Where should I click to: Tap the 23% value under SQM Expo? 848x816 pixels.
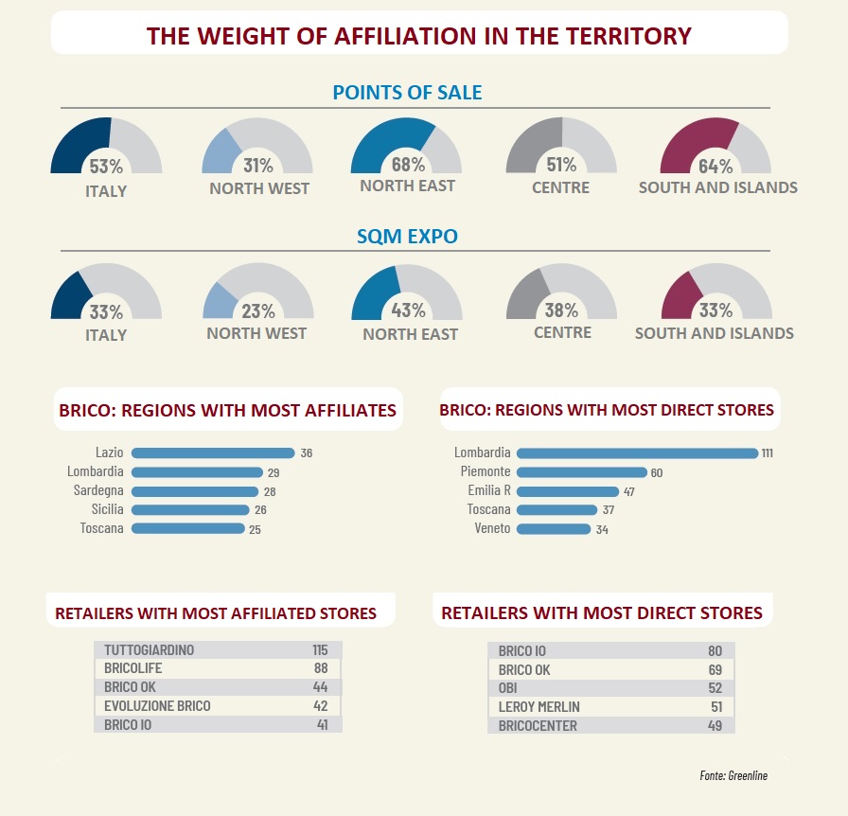click(x=257, y=311)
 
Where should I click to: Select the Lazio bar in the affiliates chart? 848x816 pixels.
click(x=213, y=453)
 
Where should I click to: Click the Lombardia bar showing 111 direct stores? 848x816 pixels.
click(x=637, y=453)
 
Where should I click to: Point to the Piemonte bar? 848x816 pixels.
click(x=582, y=472)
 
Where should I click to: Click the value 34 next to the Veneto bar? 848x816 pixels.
click(x=602, y=530)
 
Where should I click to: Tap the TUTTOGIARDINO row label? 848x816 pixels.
click(x=149, y=650)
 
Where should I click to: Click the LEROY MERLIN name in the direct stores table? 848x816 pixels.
click(x=539, y=706)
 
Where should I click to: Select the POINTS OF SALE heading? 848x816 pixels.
click(x=407, y=93)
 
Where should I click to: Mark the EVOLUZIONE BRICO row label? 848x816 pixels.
click(x=157, y=706)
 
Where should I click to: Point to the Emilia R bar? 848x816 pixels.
click(x=568, y=491)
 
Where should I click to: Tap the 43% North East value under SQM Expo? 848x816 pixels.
click(x=407, y=310)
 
